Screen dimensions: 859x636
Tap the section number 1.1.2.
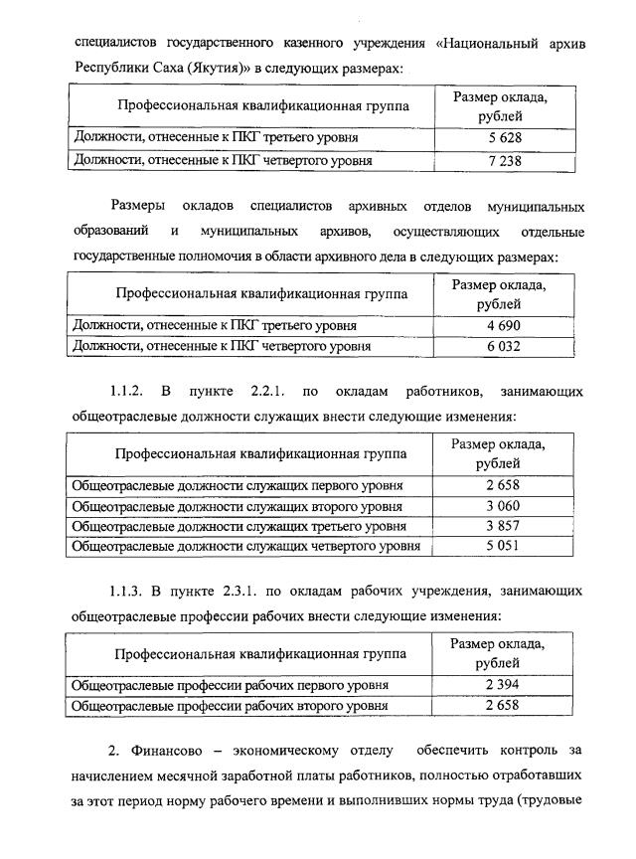tap(128, 390)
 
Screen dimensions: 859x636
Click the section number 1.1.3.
tap(128, 592)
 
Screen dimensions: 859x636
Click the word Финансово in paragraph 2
tap(163, 747)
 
